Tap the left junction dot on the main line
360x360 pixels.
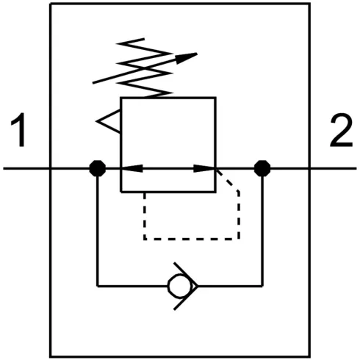pos(96,168)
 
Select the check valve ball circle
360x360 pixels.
pos(176,284)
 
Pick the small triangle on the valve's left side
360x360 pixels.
pos(109,120)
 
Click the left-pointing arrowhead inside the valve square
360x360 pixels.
pos(132,168)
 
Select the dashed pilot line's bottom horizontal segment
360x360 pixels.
pos(192,238)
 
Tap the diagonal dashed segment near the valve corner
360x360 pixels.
pos(230,181)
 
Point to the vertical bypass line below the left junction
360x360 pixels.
pos(97,228)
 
